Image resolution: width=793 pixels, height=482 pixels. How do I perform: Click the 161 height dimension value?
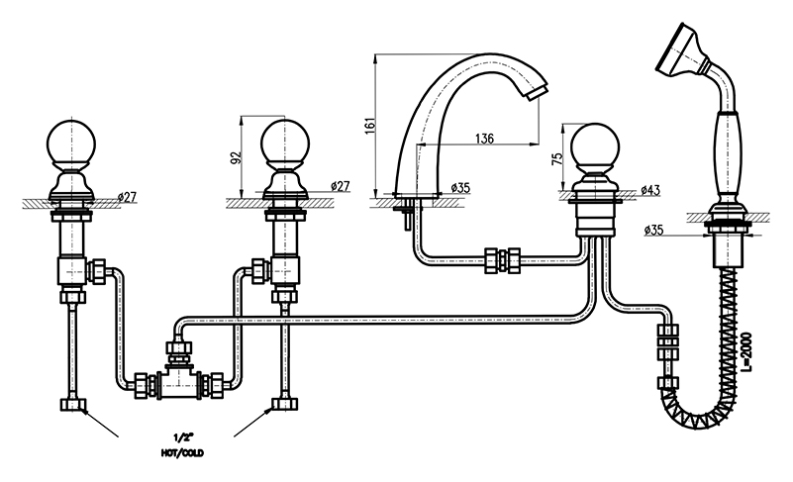[x=369, y=126]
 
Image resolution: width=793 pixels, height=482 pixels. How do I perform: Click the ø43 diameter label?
[x=650, y=188]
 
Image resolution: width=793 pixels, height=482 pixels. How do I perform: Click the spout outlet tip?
[x=535, y=93]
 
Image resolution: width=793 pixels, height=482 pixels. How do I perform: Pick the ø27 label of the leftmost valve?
[x=127, y=196]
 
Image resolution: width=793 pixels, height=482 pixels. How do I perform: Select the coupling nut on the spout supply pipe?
[x=504, y=261]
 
